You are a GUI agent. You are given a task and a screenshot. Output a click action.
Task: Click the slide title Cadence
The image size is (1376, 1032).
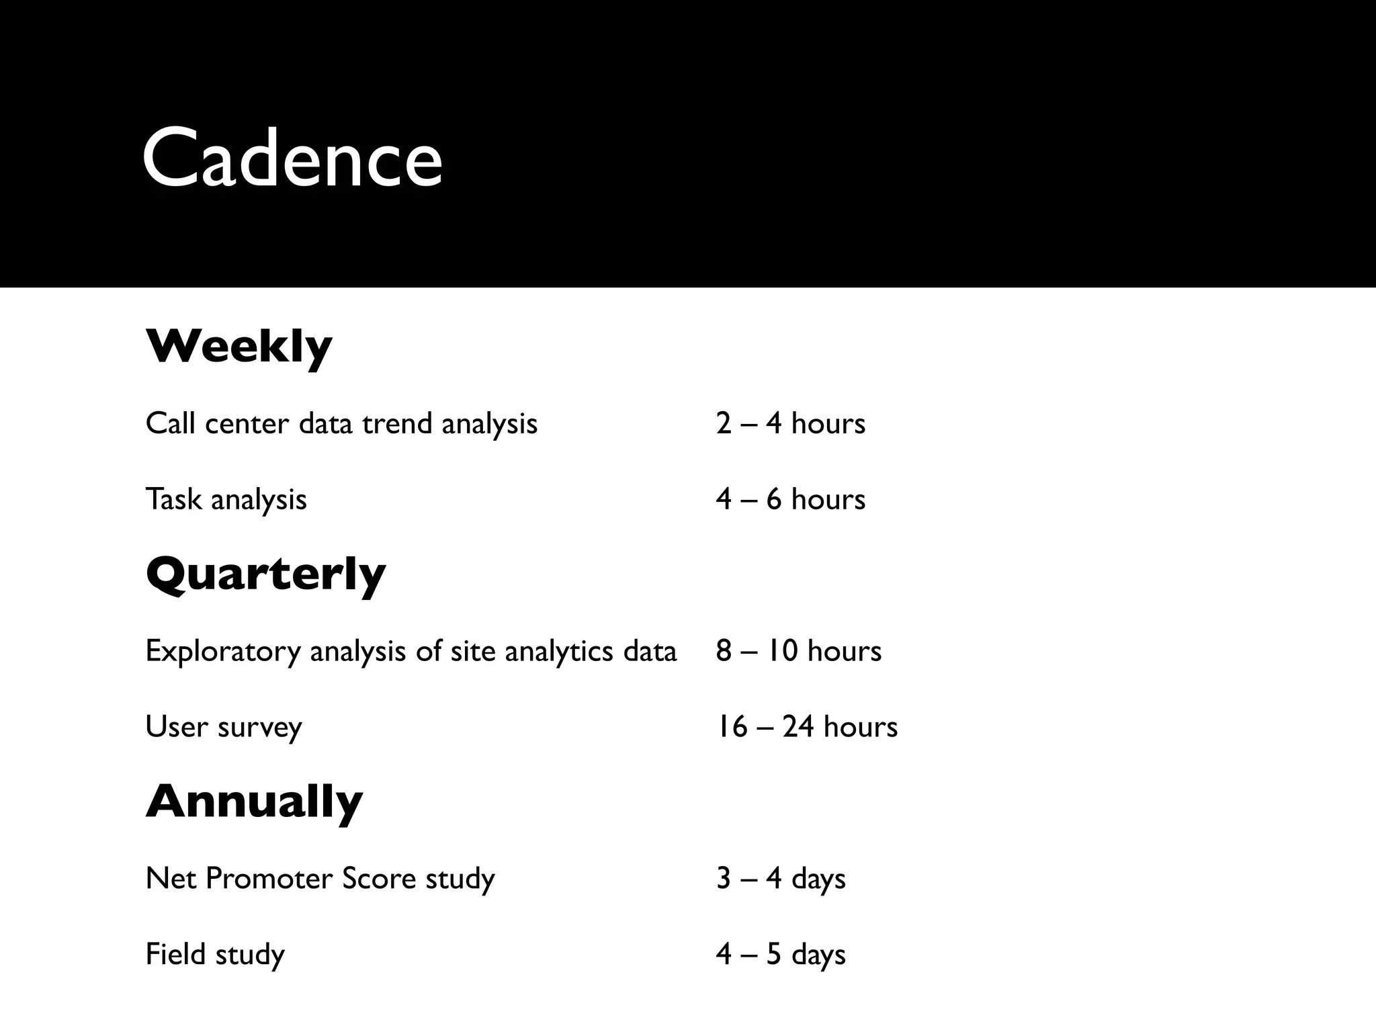pyautogui.click(x=292, y=158)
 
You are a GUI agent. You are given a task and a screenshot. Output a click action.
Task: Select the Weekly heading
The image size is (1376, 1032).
pyautogui.click(x=239, y=347)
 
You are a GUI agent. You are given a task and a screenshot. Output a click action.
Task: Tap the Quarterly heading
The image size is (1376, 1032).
pyautogui.click(x=265, y=575)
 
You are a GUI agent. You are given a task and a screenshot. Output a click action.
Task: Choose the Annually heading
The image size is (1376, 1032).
pyautogui.click(x=254, y=802)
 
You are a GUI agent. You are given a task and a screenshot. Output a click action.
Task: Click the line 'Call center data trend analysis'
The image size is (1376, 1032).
pyautogui.click(x=341, y=424)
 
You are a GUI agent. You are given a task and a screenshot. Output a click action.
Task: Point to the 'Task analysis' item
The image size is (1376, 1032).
pyautogui.click(x=226, y=500)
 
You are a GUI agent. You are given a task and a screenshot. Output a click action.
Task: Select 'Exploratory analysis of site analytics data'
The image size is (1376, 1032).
pyautogui.click(x=411, y=652)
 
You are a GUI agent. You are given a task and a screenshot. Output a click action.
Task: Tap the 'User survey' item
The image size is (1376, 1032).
pyautogui.click(x=224, y=727)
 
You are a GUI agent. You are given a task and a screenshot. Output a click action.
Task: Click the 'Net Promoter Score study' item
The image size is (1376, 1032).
pyautogui.click(x=320, y=879)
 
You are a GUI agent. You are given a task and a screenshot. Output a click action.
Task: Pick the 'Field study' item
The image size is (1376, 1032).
pyautogui.click(x=215, y=955)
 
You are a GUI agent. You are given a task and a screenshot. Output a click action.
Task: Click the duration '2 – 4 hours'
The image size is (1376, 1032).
pyautogui.click(x=790, y=424)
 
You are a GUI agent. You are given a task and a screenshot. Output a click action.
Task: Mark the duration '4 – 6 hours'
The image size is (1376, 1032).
pyautogui.click(x=790, y=500)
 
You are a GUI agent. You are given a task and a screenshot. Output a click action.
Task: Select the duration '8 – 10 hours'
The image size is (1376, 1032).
pyautogui.click(x=798, y=652)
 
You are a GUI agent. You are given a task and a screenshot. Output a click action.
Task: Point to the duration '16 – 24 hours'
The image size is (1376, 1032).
pyautogui.click(x=806, y=727)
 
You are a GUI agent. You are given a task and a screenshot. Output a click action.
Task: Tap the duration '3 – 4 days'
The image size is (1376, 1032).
pyautogui.click(x=780, y=879)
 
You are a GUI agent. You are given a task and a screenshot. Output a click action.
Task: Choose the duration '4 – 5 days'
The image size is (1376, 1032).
pyautogui.click(x=780, y=955)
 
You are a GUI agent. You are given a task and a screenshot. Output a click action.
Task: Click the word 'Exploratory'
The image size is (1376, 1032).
pyautogui.click(x=222, y=652)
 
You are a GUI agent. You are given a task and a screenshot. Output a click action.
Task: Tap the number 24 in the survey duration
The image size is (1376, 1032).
pyautogui.click(x=798, y=727)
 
